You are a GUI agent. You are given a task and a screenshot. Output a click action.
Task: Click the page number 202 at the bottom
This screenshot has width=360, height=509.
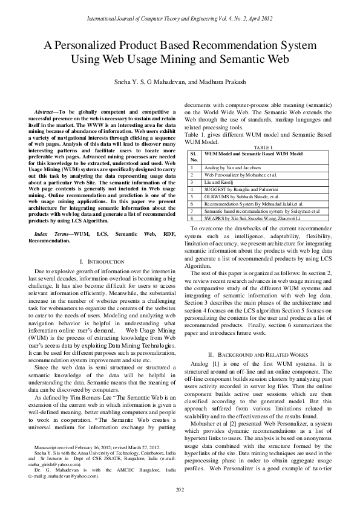pyautogui.click(x=180, y=489)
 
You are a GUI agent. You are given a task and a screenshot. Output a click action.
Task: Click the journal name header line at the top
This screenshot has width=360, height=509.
pyautogui.click(x=180, y=19)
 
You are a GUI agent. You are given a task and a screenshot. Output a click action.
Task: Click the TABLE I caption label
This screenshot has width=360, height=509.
pyautogui.click(x=264, y=148)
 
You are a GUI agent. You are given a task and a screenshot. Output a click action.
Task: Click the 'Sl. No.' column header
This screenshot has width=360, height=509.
pyautogui.click(x=194, y=157)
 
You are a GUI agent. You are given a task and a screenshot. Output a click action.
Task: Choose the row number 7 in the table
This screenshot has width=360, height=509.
pyautogui.click(x=192, y=211)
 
